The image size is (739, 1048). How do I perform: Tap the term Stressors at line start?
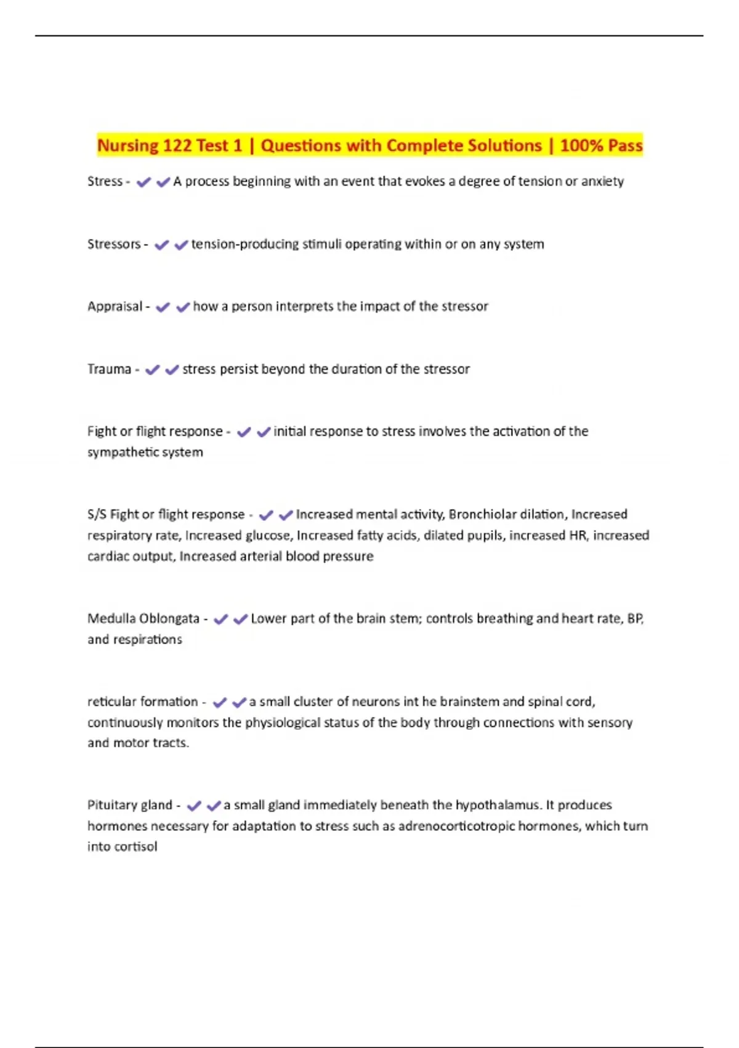pos(114,244)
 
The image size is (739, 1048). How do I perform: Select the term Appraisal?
pos(115,306)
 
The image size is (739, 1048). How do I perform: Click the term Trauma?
pos(109,369)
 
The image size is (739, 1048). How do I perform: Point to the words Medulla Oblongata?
pos(143,618)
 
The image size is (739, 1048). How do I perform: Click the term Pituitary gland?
pos(130,805)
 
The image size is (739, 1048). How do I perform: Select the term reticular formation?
pos(142,702)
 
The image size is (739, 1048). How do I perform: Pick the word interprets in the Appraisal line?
pos(304,306)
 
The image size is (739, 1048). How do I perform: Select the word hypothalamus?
pos(498,805)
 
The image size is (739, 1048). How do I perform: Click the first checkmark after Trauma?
pos(152,369)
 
